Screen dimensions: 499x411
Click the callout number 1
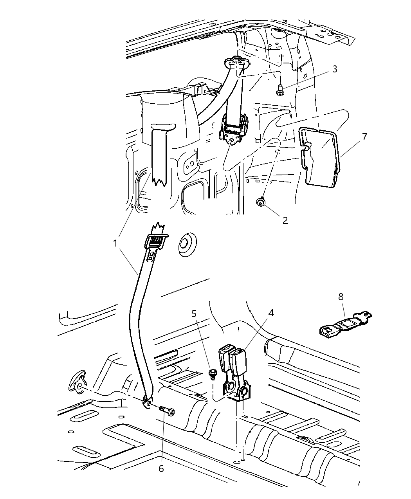point(115,243)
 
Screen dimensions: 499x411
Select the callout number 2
point(285,220)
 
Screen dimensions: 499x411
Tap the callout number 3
point(335,69)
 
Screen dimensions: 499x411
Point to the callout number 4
point(271,313)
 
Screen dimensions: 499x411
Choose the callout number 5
point(194,313)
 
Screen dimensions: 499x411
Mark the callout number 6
point(162,458)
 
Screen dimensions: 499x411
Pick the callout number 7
point(364,137)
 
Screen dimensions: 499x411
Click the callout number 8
point(341,297)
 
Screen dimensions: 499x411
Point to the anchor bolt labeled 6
point(167,411)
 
